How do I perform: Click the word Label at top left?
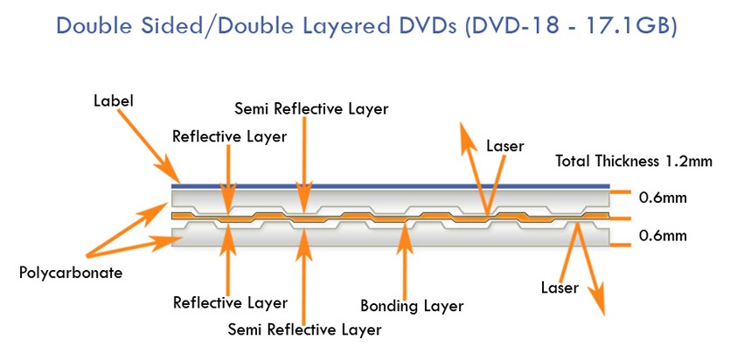(114, 100)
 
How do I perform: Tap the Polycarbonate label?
(71, 273)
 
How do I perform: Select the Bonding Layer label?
(412, 307)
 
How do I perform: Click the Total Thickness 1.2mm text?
(634, 162)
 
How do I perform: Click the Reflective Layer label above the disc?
(230, 136)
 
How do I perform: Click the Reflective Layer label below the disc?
(231, 303)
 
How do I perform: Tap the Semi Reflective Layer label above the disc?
(311, 109)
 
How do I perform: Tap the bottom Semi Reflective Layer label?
(304, 329)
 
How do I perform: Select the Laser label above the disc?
(505, 146)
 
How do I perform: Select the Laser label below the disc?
(560, 287)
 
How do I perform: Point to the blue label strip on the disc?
(391, 186)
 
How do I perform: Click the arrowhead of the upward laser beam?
(468, 135)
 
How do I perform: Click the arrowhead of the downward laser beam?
(596, 301)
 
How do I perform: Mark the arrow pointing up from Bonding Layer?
(405, 261)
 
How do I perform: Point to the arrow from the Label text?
(148, 146)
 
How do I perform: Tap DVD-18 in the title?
(511, 26)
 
